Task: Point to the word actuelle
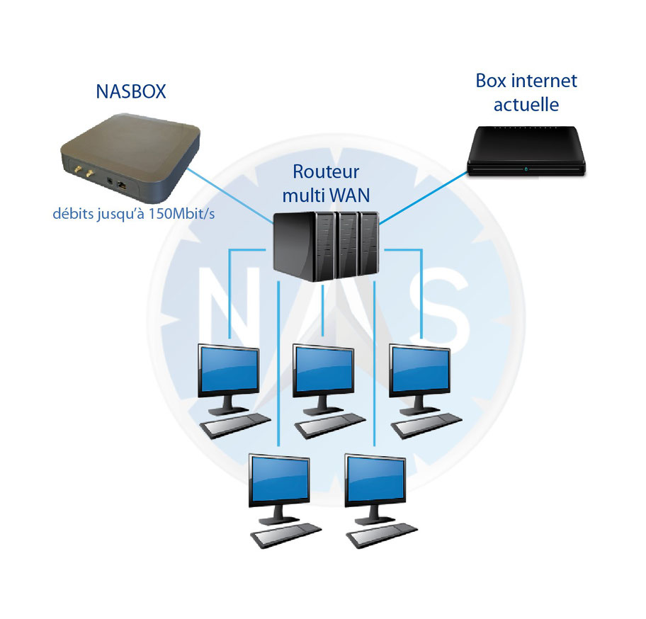pos(526,105)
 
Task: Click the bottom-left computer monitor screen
pos(278,480)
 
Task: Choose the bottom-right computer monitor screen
pos(375,480)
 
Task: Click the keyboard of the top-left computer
pos(236,424)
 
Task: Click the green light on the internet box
pos(525,169)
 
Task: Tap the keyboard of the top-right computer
pos(428,424)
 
